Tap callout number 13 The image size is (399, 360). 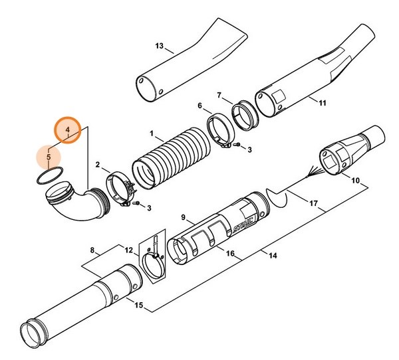158,46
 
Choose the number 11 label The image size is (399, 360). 323,103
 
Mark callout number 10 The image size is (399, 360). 354,179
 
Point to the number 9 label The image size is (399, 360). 183,217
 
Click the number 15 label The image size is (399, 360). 138,304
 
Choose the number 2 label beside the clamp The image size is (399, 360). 98,165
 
